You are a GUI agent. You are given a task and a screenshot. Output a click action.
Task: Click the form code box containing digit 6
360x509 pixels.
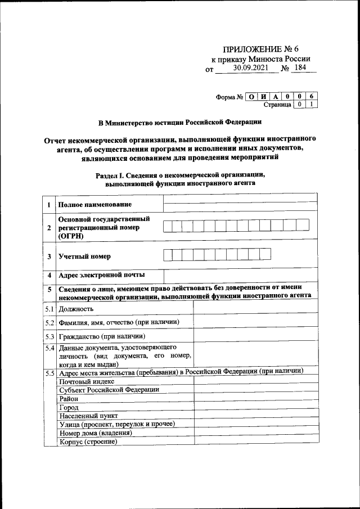click(311, 96)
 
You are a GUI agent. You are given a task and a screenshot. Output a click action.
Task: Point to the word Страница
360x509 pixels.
click(277, 105)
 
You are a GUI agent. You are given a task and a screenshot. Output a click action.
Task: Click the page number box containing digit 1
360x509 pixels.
click(311, 105)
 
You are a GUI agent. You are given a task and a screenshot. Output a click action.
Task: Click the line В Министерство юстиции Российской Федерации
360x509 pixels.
click(179, 121)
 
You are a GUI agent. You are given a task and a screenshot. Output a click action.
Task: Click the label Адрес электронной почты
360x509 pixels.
click(101, 275)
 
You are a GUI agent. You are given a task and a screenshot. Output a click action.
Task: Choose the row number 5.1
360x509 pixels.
click(49, 309)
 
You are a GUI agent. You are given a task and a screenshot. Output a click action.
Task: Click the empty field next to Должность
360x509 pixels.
click(256, 309)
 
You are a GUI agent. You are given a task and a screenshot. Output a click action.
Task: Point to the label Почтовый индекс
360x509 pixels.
click(83, 381)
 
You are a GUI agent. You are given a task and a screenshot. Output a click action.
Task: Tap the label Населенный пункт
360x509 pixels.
click(88, 415)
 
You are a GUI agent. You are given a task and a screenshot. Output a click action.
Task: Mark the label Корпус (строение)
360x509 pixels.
click(88, 442)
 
